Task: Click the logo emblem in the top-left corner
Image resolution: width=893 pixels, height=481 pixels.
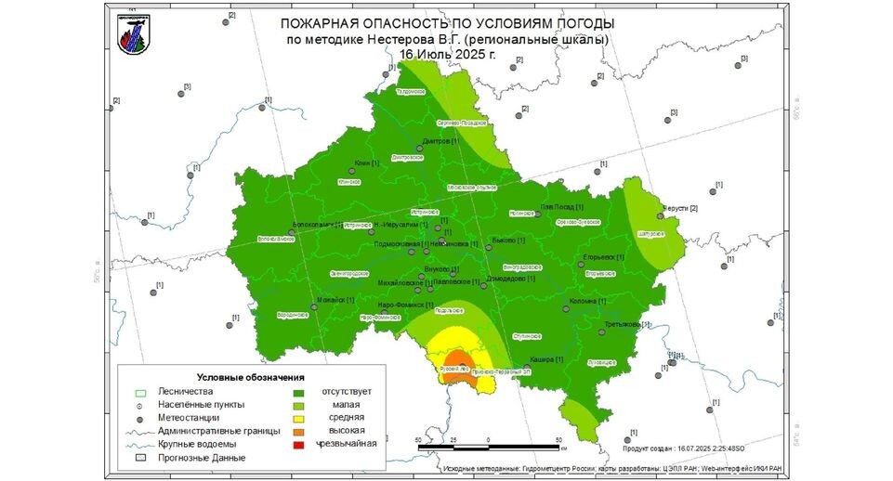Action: [133, 33]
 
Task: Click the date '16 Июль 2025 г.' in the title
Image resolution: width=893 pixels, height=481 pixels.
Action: [447, 54]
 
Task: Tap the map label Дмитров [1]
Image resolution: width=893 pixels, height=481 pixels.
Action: [440, 141]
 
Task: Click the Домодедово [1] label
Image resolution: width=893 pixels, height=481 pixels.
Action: [510, 278]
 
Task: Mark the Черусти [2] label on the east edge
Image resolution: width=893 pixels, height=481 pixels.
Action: [679, 208]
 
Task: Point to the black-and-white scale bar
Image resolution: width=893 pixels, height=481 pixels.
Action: [489, 448]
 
